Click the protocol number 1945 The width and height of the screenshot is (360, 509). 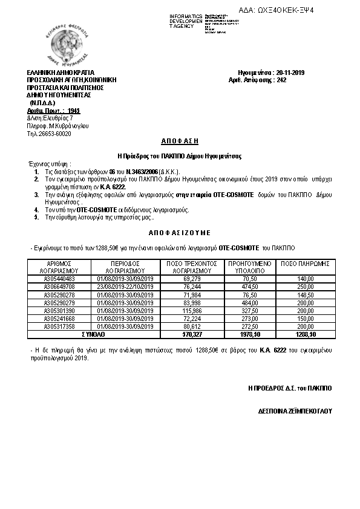(73, 111)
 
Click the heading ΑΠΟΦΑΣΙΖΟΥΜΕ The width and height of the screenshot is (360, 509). (179, 232)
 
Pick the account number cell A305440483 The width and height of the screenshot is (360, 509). (59, 278)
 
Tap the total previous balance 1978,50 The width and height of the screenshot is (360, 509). (249, 333)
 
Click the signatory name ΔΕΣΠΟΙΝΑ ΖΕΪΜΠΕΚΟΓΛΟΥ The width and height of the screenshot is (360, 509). (295, 411)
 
